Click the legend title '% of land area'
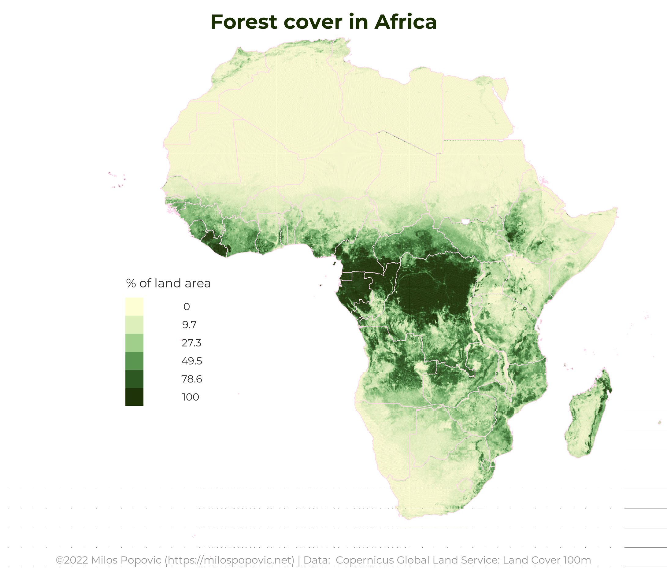click(x=168, y=283)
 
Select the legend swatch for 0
click(x=134, y=306)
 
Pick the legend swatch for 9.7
click(x=134, y=324)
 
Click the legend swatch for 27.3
click(x=134, y=342)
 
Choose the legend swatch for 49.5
click(x=134, y=361)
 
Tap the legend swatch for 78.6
click(x=134, y=379)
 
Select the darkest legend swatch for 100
click(x=134, y=397)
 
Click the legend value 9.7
click(x=189, y=325)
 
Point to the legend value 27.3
click(x=191, y=343)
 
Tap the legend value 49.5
click(x=192, y=361)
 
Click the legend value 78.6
click(x=192, y=379)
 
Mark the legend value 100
click(x=191, y=397)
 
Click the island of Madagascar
click(x=586, y=419)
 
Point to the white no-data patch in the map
click(x=465, y=221)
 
